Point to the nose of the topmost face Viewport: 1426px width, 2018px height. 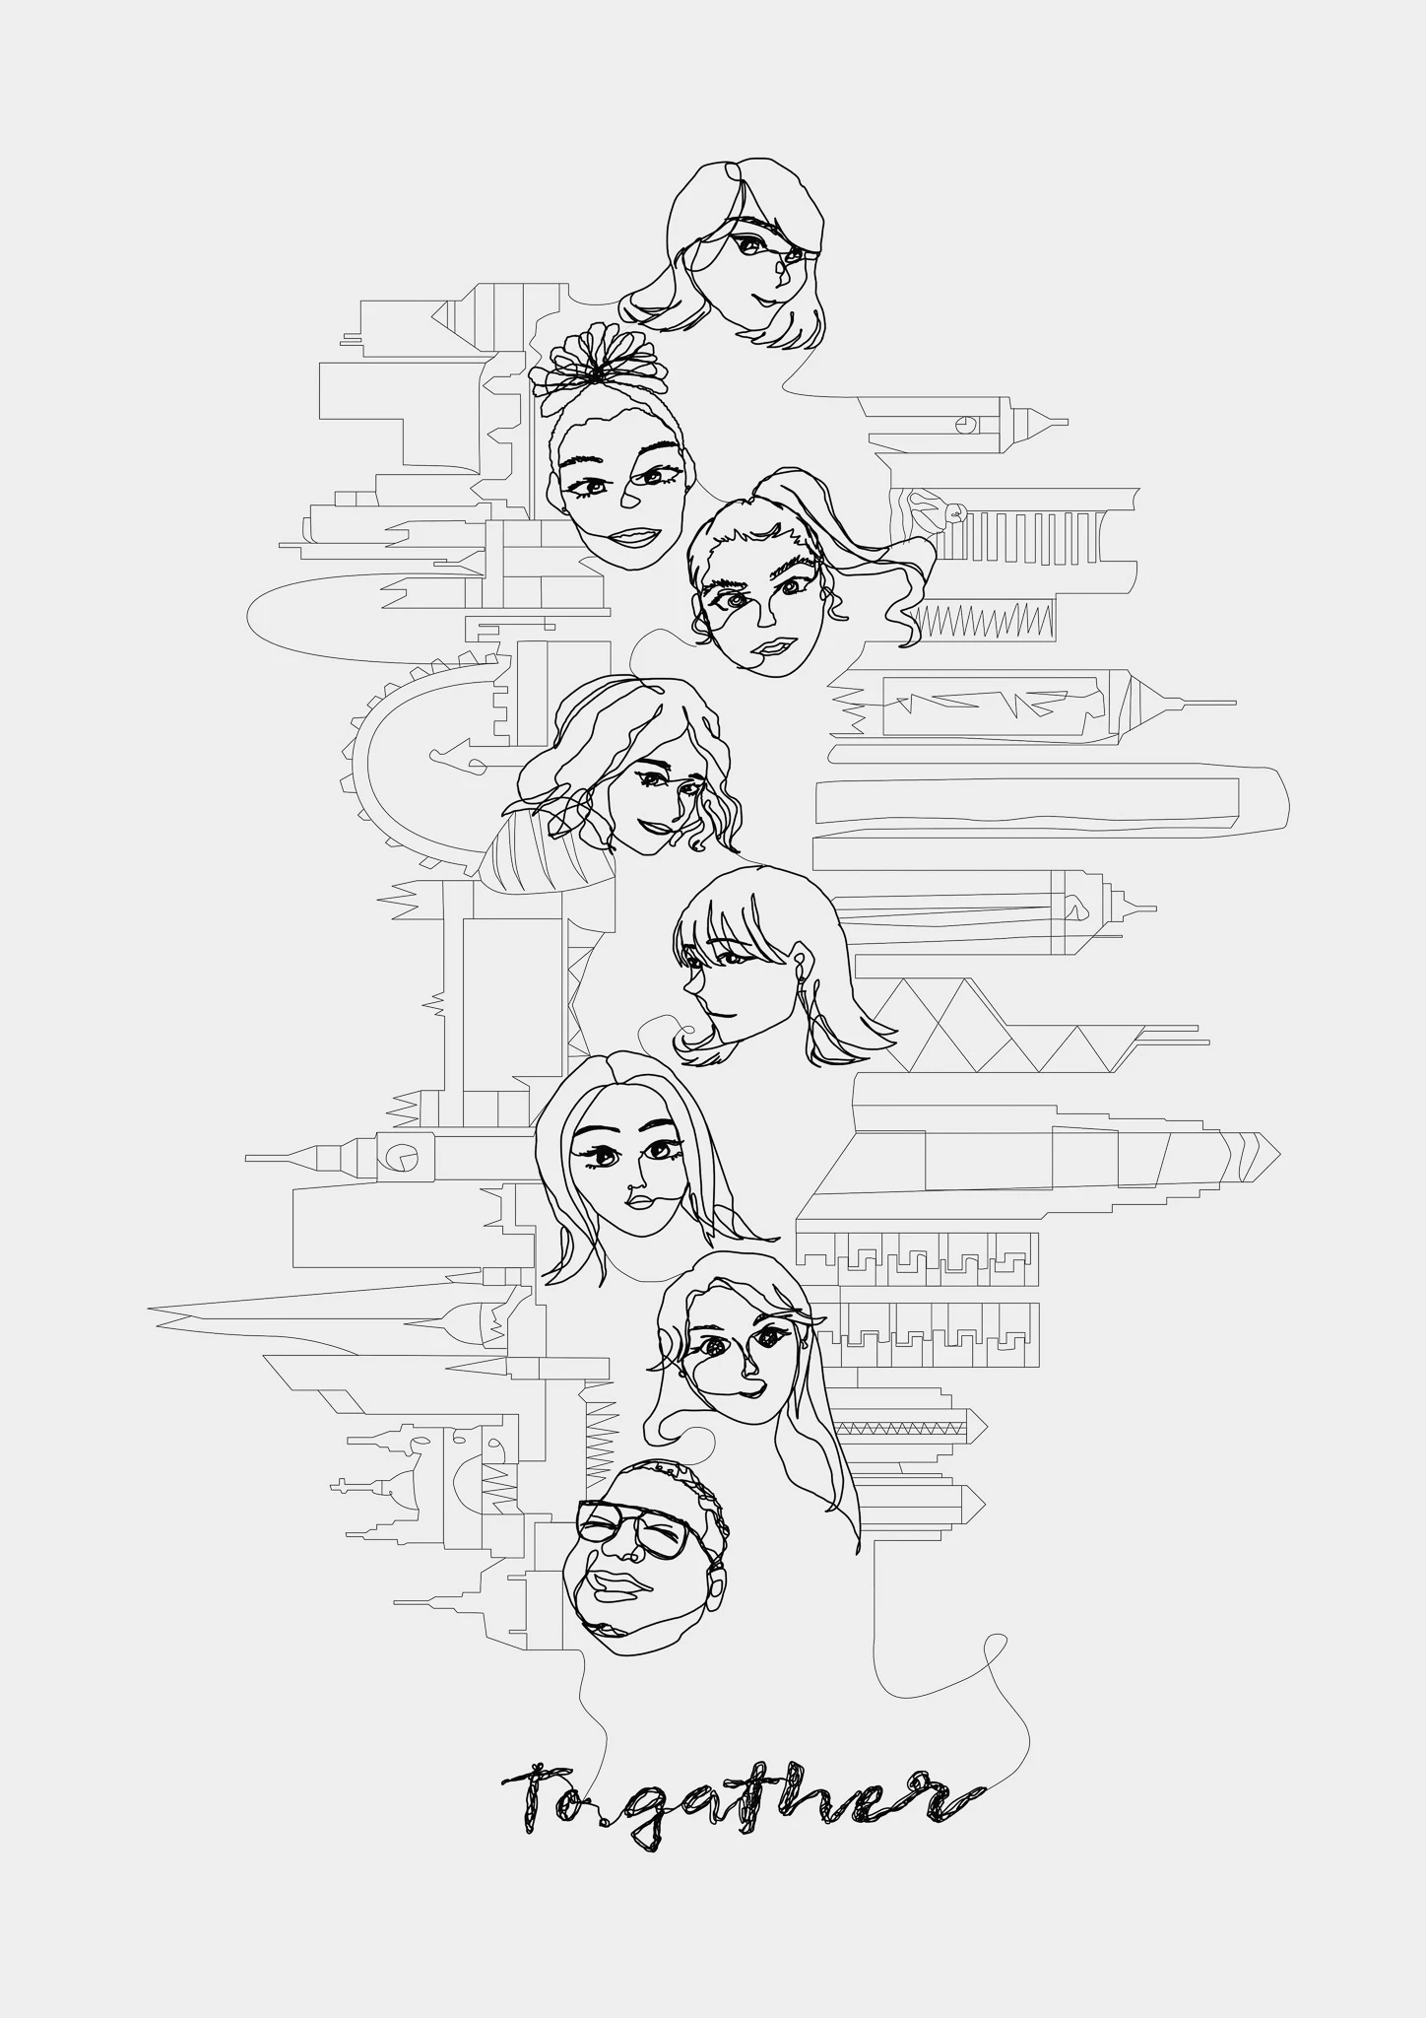(x=781, y=272)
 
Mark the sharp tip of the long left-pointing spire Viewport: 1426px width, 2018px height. (x=150, y=1309)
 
